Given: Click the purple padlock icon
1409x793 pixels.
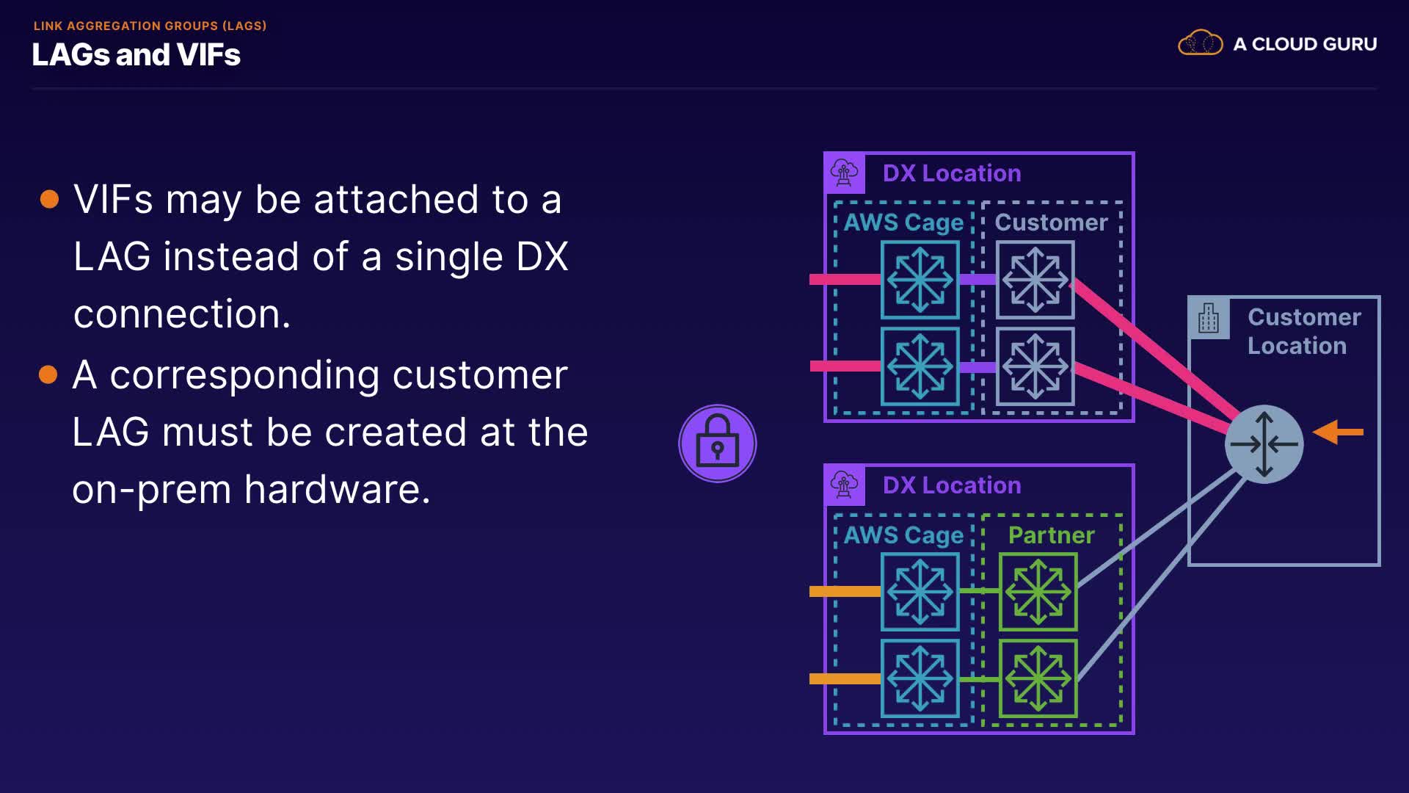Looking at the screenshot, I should point(717,443).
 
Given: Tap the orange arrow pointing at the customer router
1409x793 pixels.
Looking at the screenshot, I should point(1338,432).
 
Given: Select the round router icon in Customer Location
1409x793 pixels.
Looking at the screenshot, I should point(1264,444).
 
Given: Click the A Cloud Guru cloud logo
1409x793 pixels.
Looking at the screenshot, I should point(1200,43).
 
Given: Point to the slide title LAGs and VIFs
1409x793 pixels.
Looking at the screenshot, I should point(136,55).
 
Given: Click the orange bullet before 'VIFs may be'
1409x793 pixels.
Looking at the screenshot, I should point(49,199).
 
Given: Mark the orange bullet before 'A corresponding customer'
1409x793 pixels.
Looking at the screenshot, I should point(48,374).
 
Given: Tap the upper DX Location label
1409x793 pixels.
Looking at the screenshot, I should point(952,173).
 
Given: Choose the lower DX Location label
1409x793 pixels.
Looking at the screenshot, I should point(952,485).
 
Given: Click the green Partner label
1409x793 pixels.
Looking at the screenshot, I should point(1051,535).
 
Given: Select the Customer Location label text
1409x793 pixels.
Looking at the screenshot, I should point(1303,331).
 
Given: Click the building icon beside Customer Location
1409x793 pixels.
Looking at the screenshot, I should point(1208,318).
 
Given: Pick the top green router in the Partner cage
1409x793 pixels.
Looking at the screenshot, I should point(1038,592).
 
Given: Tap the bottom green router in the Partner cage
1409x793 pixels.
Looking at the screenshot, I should point(1038,678).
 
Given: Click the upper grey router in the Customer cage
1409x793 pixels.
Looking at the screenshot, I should point(1035,280).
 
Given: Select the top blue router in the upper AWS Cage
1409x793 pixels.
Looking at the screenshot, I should point(920,280).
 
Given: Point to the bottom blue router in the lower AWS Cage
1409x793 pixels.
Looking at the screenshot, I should point(920,678).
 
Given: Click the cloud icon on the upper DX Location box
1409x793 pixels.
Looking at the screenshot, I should point(844,173).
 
